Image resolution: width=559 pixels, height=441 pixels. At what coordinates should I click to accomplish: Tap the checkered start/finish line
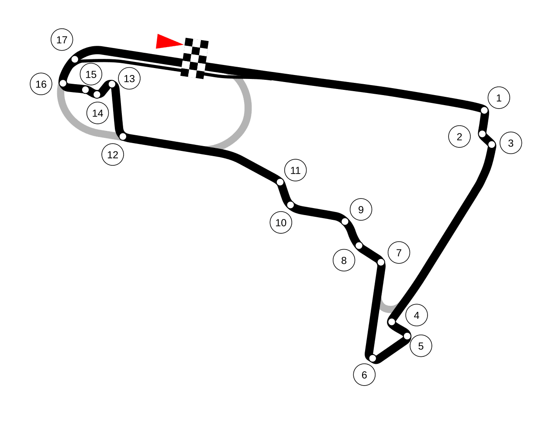click(x=195, y=58)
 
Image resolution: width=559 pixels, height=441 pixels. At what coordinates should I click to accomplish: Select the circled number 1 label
click(x=499, y=98)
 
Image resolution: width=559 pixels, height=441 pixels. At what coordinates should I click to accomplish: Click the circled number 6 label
click(x=364, y=375)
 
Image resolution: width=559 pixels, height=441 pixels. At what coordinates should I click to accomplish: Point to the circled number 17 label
click(x=62, y=40)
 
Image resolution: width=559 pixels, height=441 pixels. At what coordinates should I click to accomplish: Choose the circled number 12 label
click(x=113, y=154)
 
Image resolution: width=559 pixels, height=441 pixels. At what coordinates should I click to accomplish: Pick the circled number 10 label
click(x=281, y=222)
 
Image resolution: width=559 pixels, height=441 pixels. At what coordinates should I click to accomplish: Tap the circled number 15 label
click(x=91, y=74)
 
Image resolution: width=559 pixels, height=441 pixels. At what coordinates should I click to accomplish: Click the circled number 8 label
click(x=344, y=260)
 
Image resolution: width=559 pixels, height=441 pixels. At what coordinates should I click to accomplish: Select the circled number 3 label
click(x=511, y=143)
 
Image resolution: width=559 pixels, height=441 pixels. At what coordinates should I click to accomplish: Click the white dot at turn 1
click(x=484, y=110)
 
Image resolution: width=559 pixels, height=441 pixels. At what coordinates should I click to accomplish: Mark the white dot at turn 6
click(x=373, y=358)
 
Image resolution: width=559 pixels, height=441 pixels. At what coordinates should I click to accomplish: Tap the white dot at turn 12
click(x=123, y=136)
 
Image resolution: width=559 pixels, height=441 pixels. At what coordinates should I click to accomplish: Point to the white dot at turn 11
click(x=280, y=182)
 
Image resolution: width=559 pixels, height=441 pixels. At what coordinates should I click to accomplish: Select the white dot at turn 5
click(x=407, y=336)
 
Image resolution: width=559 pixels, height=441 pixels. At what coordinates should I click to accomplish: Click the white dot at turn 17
click(x=75, y=59)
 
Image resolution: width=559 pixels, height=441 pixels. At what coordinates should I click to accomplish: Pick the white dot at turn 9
click(x=345, y=222)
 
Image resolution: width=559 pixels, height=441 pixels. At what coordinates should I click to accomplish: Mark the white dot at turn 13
click(x=112, y=84)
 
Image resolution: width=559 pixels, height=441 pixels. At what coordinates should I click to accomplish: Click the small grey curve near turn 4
click(x=388, y=309)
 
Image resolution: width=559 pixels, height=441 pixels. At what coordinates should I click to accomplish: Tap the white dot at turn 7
click(x=381, y=262)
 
